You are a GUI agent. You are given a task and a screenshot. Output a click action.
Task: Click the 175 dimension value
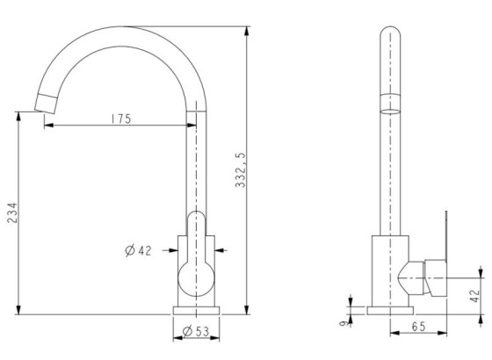coord(121,119)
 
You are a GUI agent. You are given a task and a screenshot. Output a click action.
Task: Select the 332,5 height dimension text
coord(241,170)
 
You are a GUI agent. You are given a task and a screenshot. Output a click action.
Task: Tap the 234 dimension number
coord(12,212)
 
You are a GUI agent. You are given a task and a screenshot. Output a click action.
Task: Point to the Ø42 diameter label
coord(138,250)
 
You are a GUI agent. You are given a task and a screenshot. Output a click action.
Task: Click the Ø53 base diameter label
coord(196,331)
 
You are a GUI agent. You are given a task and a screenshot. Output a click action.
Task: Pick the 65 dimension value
coord(418,327)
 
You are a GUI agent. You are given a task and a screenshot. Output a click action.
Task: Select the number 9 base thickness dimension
coord(344,323)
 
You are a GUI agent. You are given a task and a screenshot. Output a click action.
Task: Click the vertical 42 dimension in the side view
coord(475,296)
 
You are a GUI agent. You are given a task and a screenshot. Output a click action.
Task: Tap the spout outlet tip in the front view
coord(45,103)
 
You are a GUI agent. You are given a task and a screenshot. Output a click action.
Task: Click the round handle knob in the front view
coord(196,278)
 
